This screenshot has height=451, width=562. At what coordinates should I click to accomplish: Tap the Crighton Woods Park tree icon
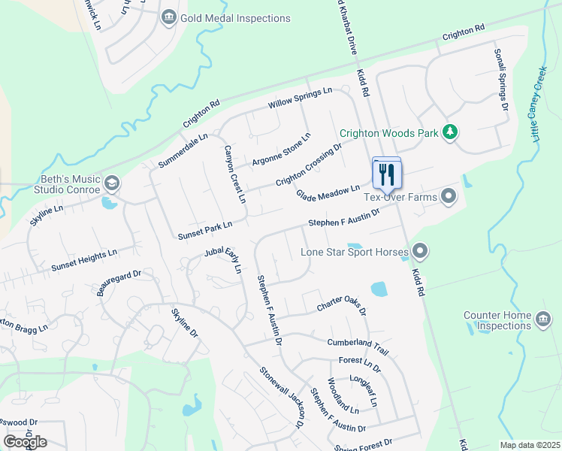coord(450,133)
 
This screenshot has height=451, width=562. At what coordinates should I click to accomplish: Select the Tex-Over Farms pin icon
coord(449,197)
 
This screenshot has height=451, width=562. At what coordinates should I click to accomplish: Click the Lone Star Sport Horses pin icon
coord(420,251)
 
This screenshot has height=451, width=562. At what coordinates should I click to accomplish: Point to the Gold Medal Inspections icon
coord(168,17)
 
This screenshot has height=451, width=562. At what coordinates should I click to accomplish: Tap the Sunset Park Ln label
coord(205,230)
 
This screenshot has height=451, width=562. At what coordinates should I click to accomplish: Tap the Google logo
coord(25,441)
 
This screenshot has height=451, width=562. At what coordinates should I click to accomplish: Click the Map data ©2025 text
coord(530,445)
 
